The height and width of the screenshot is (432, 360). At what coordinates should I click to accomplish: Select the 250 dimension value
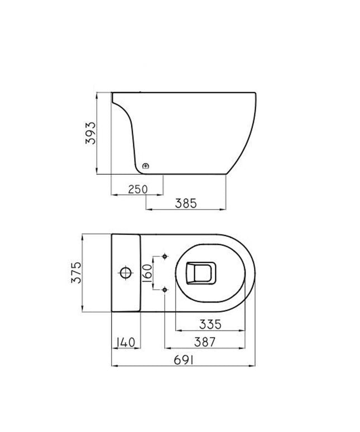point(137,189)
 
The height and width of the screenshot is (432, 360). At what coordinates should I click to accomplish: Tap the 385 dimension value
point(186,204)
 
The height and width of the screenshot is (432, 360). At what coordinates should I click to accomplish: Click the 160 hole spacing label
point(147,273)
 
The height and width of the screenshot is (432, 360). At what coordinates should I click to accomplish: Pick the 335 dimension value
point(212,323)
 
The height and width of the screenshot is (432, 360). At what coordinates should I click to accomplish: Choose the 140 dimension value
point(126,342)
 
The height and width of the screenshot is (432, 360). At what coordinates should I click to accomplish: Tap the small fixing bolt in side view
point(146,166)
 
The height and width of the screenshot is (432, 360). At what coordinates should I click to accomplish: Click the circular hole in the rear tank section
point(126,273)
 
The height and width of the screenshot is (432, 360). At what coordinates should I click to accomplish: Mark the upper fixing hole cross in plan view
point(165,256)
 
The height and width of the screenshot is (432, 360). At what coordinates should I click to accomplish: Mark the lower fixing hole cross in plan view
point(165,290)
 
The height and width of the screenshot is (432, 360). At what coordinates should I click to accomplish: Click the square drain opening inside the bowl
point(199,273)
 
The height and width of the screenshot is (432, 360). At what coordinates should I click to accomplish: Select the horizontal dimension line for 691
point(184,367)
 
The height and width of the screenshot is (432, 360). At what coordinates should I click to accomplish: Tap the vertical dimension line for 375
point(83,272)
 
